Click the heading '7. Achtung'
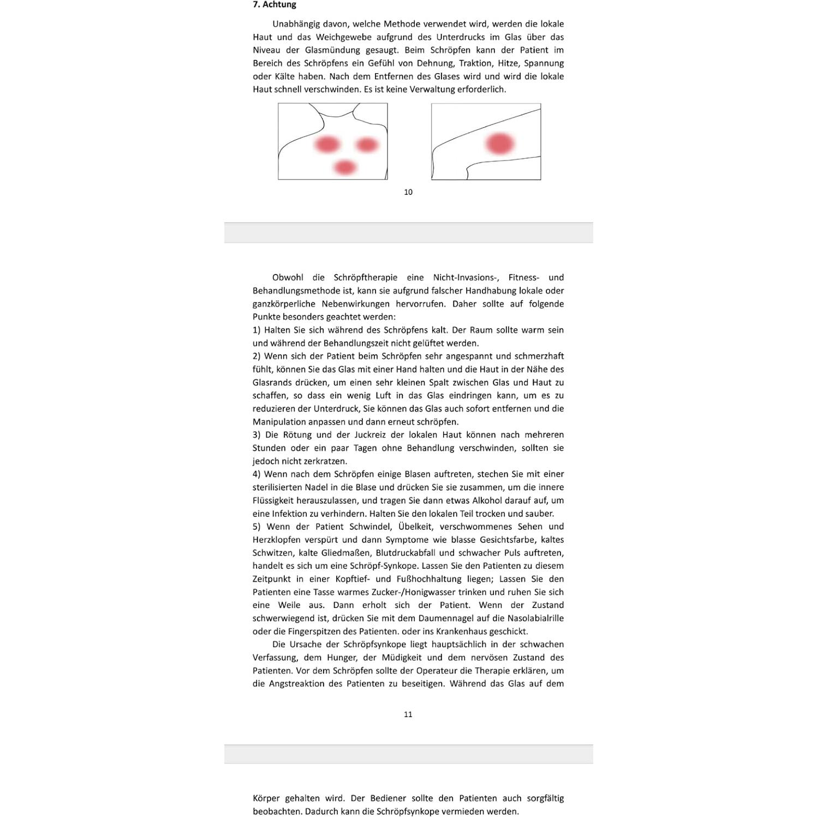[274, 5]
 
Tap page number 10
[408, 192]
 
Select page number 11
[408, 714]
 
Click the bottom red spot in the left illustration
[345, 167]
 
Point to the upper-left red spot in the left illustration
[327, 145]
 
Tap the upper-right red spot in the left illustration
[367, 145]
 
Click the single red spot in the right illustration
[500, 144]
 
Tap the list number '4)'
[257, 474]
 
